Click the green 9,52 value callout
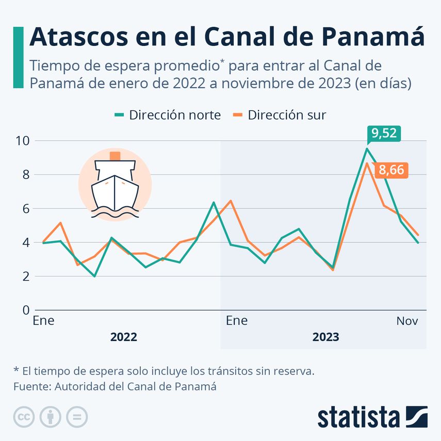tap(384, 134)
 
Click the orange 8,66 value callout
tap(391, 170)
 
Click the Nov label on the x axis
tap(407, 321)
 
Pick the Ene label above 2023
tap(237, 321)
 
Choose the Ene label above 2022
tap(43, 321)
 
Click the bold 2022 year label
tap(124, 337)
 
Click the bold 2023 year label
tap(325, 337)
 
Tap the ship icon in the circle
tap(115, 184)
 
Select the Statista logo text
tap(358, 417)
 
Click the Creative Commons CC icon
tap(24, 417)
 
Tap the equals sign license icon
tap(77, 417)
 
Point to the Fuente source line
tap(115, 386)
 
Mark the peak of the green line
tap(367, 149)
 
